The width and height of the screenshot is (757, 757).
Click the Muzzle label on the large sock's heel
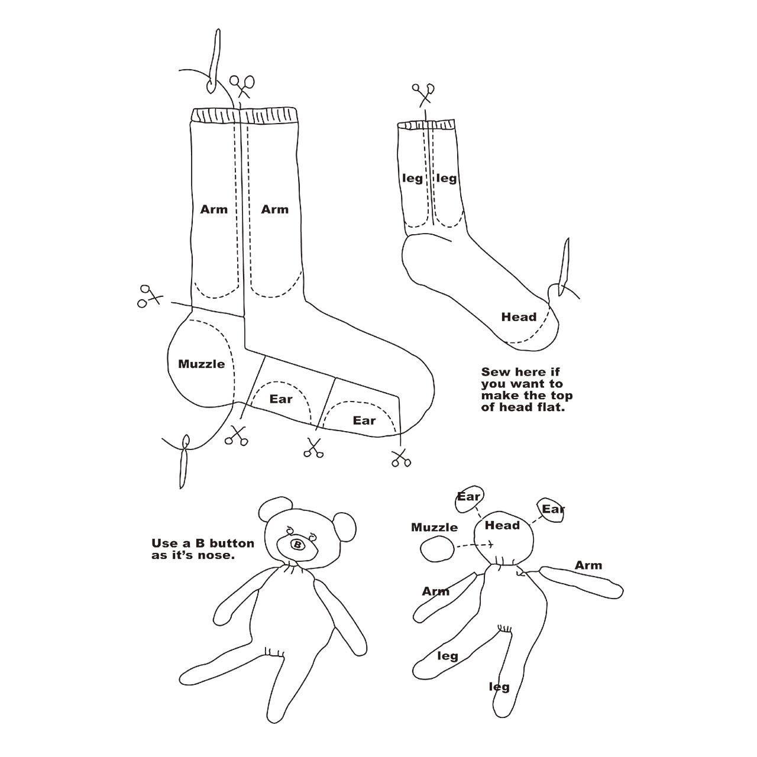click(x=202, y=364)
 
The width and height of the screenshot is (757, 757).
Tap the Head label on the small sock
click(x=519, y=317)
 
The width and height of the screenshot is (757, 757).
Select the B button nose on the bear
click(x=297, y=545)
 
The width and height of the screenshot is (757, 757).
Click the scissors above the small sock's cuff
click(x=423, y=94)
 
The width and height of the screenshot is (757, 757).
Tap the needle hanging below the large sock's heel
click(x=184, y=461)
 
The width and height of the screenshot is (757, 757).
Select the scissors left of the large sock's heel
click(x=148, y=296)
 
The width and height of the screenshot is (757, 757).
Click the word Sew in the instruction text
click(x=494, y=371)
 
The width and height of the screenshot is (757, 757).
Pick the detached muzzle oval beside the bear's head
click(x=437, y=549)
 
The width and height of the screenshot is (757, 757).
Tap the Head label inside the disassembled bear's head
click(x=502, y=525)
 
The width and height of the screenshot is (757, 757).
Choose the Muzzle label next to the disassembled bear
click(x=435, y=527)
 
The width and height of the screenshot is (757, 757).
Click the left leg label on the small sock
click(x=413, y=179)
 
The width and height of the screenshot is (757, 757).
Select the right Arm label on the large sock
click(x=275, y=209)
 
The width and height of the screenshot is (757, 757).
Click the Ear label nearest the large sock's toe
click(x=364, y=420)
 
